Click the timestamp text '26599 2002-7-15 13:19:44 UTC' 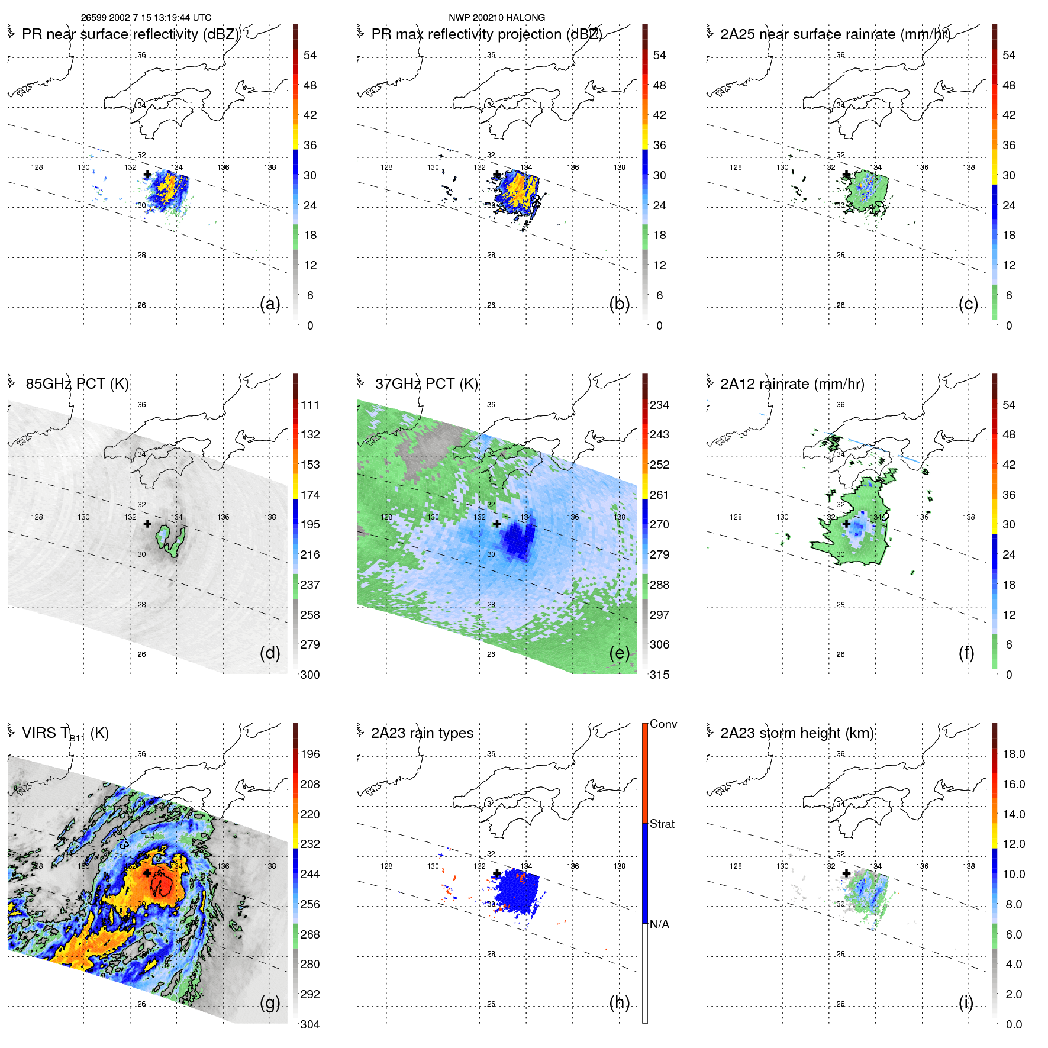(146, 18)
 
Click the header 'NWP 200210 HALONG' (496, 18)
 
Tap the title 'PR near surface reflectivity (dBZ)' (130, 34)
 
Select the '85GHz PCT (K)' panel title (77, 384)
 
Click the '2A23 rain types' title (422, 733)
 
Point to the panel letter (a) (270, 304)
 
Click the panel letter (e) (619, 653)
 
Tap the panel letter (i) (966, 1002)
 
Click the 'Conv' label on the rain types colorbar (663, 724)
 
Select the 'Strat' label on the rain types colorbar (662, 824)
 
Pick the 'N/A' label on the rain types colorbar (659, 924)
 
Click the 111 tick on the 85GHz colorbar (309, 405)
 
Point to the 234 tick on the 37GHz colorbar (659, 405)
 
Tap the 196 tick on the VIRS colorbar (309, 754)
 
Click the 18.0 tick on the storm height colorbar (1013, 754)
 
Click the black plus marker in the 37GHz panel (497, 524)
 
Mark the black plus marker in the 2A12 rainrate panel (846, 524)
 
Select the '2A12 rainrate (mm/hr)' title (792, 384)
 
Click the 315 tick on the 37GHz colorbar (659, 675)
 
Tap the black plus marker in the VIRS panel (147, 873)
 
